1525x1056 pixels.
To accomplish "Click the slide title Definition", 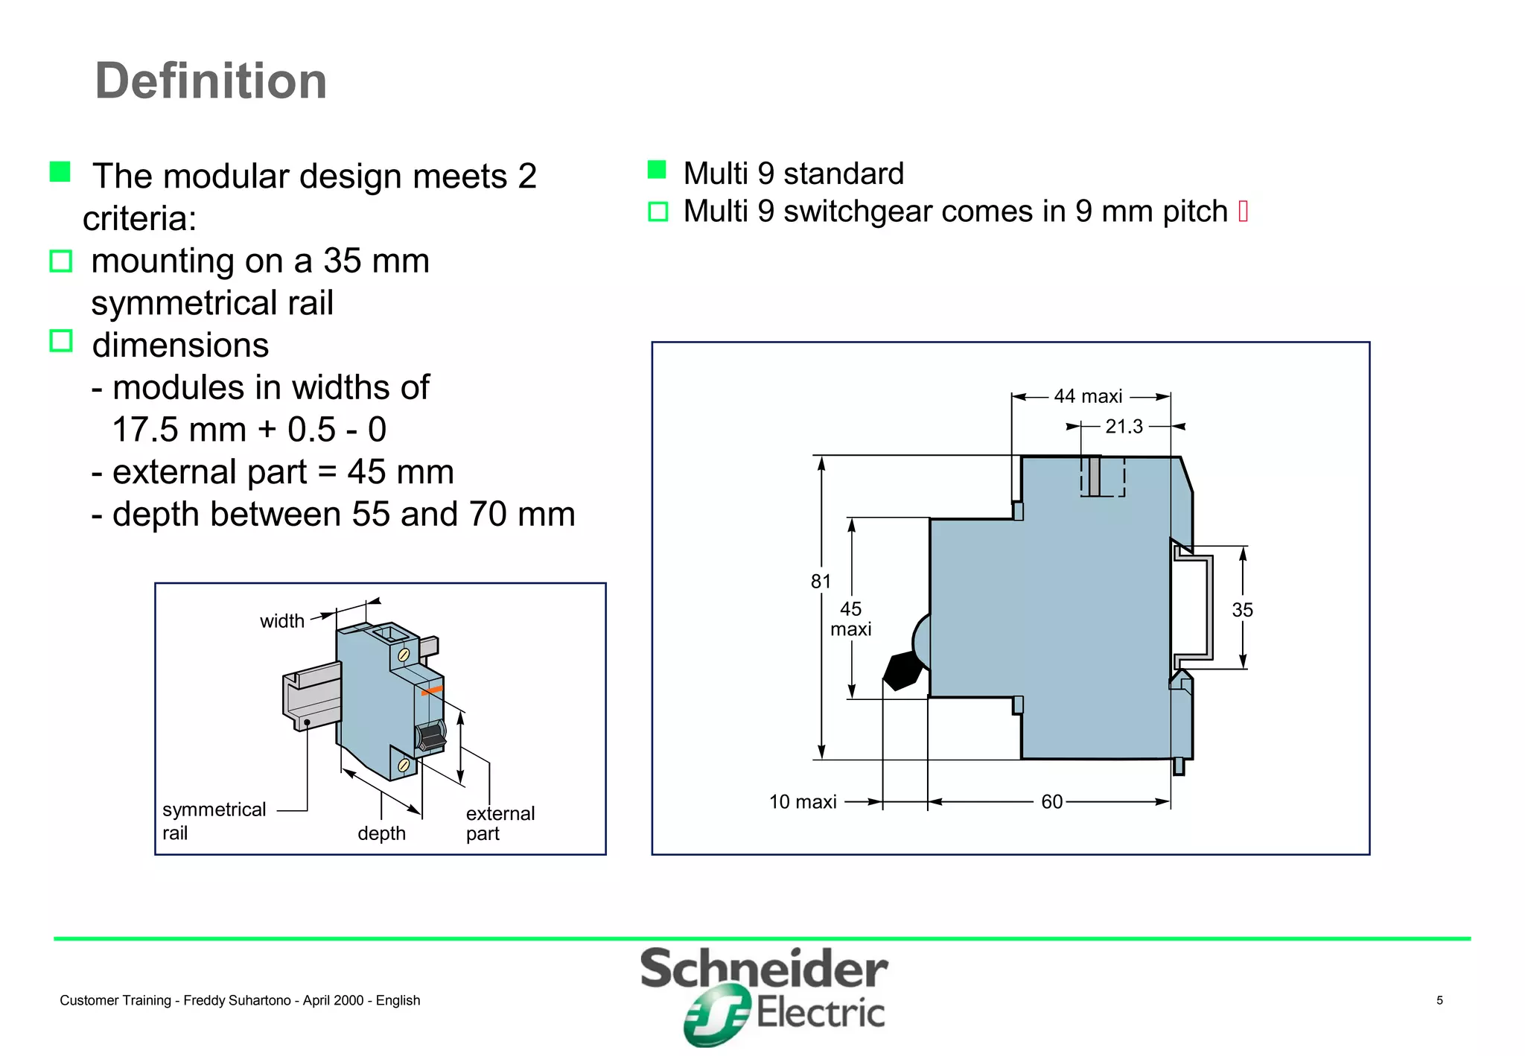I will click(211, 80).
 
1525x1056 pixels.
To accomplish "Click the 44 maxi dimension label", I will click(1087, 396).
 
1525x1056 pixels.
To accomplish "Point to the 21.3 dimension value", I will click(1123, 427).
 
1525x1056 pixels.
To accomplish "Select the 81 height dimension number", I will click(821, 581).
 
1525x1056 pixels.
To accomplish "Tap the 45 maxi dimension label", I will click(850, 619).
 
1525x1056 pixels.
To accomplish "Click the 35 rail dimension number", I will click(1242, 610).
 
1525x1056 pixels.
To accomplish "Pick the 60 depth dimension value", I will click(1051, 801).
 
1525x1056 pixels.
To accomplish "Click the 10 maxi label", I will click(802, 801).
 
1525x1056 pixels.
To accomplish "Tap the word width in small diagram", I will click(281, 621).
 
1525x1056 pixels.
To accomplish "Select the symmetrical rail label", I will click(214, 821).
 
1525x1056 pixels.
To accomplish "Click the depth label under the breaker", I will click(381, 833).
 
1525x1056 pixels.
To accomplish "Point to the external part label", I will click(500, 823).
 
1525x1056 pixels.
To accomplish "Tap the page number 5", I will click(1439, 1000).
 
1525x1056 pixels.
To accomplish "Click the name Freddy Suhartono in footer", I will click(237, 1000).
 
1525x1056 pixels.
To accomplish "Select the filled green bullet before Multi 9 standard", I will click(657, 170).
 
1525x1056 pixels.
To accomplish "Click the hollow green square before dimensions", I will click(61, 341).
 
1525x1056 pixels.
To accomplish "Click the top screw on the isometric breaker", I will click(404, 655).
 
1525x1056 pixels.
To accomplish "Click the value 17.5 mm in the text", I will click(178, 430).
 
